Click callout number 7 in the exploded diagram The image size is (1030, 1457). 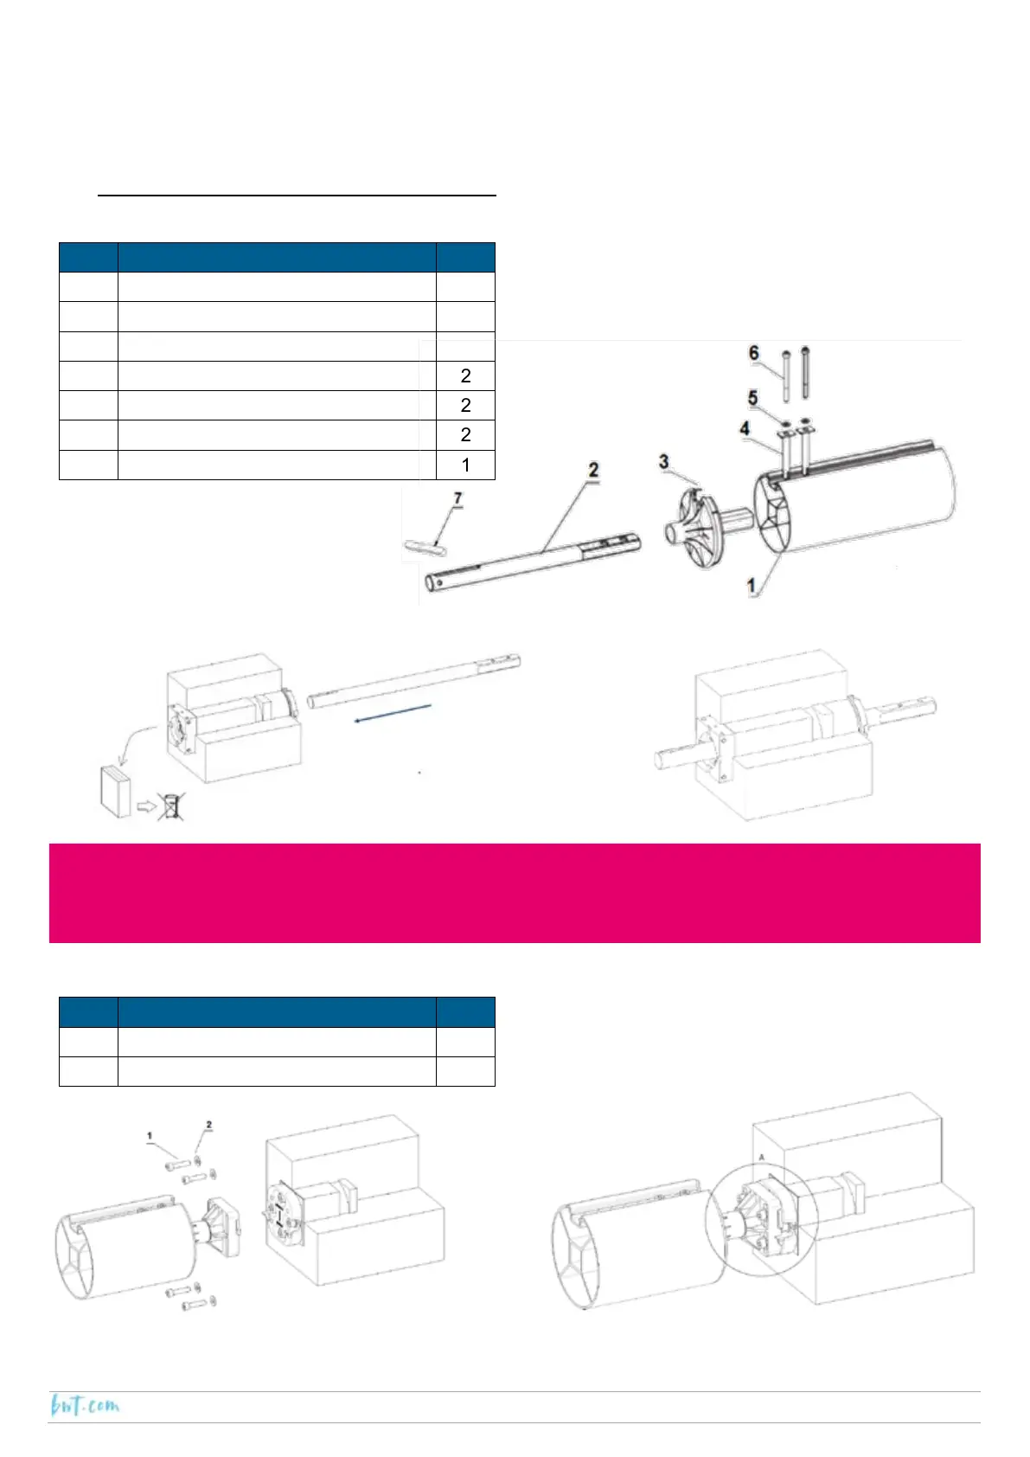coord(458,498)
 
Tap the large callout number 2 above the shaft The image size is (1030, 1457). coord(593,471)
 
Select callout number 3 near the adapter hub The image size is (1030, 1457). coord(663,461)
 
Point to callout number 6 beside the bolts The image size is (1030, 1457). coord(753,353)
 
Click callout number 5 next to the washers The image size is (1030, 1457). coord(752,398)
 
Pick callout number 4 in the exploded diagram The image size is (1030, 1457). coord(744,428)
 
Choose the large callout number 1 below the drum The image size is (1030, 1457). coord(752,586)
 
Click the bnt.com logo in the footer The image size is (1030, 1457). coord(85,1406)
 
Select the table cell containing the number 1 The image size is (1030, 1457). coord(465,465)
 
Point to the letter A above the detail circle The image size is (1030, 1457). coord(762,1157)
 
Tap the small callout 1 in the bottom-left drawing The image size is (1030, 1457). coord(150,1136)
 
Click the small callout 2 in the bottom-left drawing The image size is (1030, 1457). coord(208,1125)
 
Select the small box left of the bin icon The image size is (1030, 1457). coord(114,790)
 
